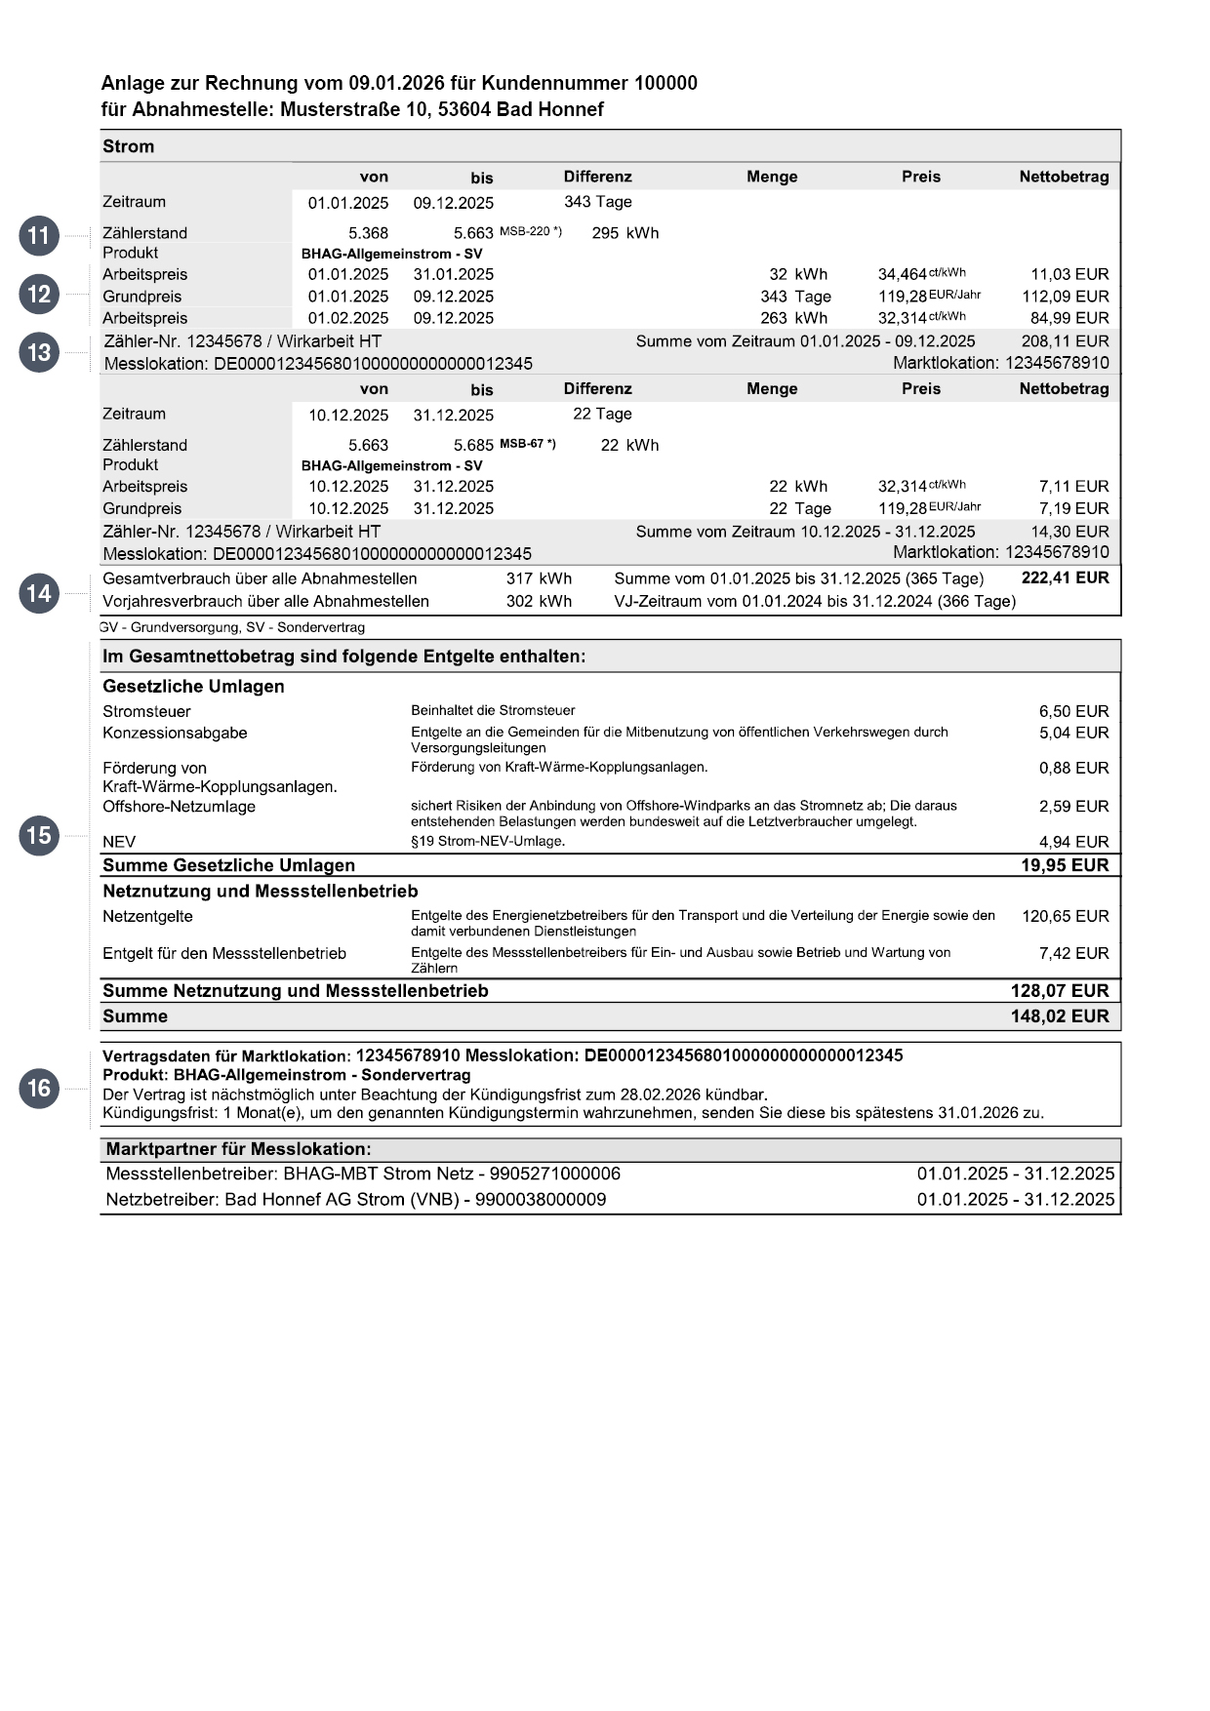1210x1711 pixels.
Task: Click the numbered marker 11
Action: pyautogui.click(x=39, y=236)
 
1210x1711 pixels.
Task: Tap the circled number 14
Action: pyautogui.click(x=39, y=593)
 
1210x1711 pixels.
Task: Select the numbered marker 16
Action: pyautogui.click(x=39, y=1088)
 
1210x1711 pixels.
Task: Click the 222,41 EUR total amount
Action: pyautogui.click(x=1065, y=577)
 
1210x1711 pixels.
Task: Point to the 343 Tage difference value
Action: pyautogui.click(x=597, y=202)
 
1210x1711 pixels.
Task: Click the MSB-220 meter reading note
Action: pyautogui.click(x=530, y=231)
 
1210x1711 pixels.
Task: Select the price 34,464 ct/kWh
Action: pyautogui.click(x=921, y=274)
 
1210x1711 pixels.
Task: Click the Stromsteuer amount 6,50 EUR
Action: pyautogui.click(x=1073, y=711)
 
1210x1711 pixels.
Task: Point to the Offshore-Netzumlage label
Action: pyautogui.click(x=179, y=807)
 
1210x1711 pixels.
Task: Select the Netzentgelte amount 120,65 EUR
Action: pyautogui.click(x=1065, y=916)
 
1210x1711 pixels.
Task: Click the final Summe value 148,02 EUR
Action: pyautogui.click(x=1060, y=1016)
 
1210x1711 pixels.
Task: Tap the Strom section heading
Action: pyautogui.click(x=128, y=146)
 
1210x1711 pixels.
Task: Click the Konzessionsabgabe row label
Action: pyautogui.click(x=175, y=733)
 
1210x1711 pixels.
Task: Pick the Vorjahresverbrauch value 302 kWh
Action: pyautogui.click(x=539, y=601)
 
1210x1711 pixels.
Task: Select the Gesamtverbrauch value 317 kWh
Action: pyautogui.click(x=539, y=578)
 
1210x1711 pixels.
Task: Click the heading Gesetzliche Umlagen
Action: pyautogui.click(x=193, y=687)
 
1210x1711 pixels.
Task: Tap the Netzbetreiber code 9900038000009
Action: pyautogui.click(x=540, y=1199)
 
